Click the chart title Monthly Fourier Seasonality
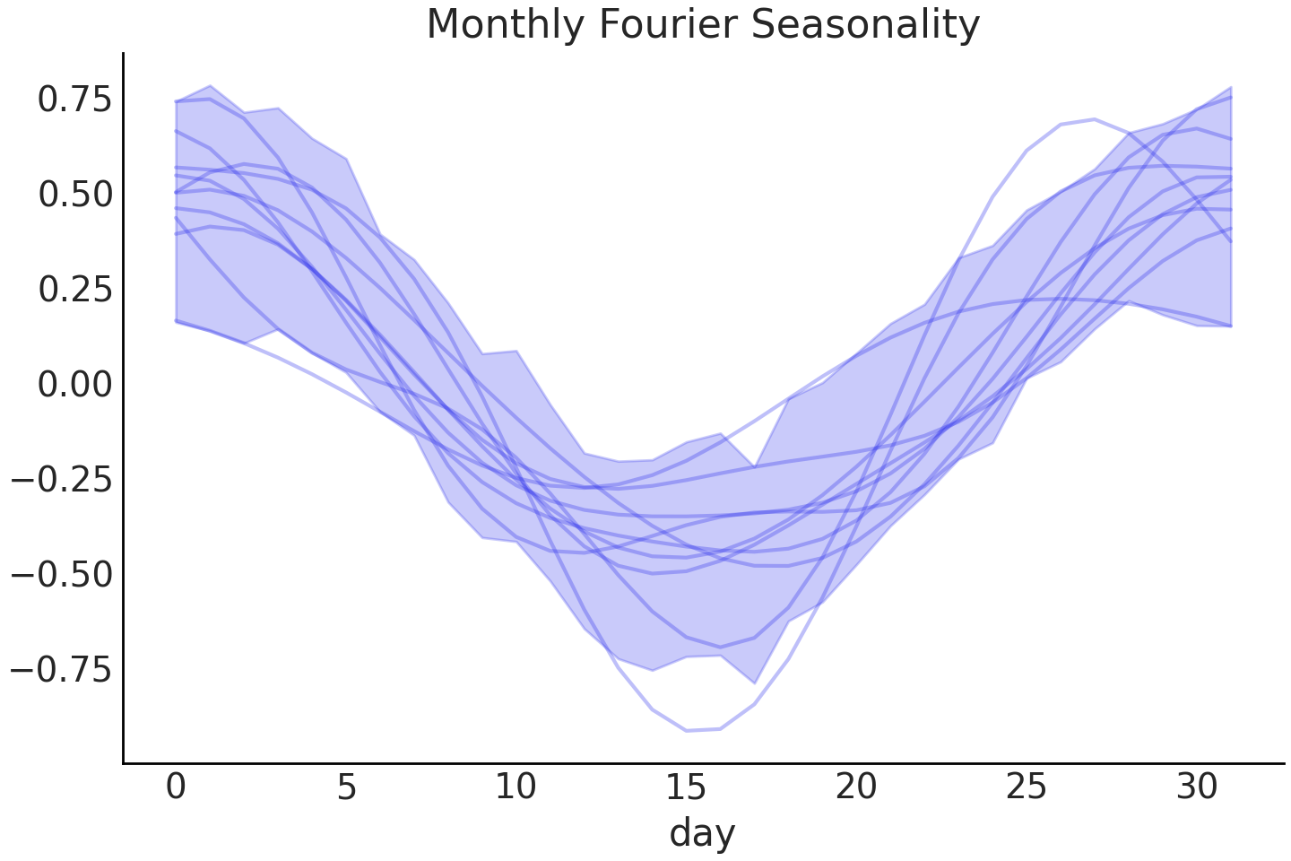tap(703, 24)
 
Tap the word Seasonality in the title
tap(866, 24)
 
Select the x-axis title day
tap(702, 832)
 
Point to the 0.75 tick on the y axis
tap(75, 100)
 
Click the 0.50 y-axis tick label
tap(75, 195)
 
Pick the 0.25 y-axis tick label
tap(75, 290)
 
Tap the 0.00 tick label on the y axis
tap(75, 385)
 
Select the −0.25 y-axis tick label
tap(62, 480)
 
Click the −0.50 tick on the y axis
tap(62, 575)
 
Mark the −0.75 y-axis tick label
tap(62, 670)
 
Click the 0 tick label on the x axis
tap(176, 787)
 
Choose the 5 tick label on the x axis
tap(346, 787)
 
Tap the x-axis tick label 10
tap(516, 787)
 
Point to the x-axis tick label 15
tap(686, 787)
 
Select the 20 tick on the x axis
tap(856, 787)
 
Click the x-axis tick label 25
tap(1027, 787)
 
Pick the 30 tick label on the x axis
tap(1197, 787)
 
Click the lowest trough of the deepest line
tap(687, 731)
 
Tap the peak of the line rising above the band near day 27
tap(1094, 119)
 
